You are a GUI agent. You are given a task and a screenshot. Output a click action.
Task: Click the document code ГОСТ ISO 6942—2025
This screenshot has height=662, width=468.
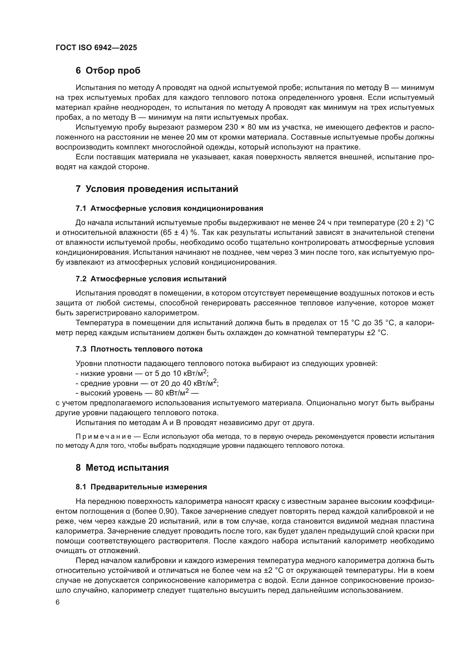tap(96, 48)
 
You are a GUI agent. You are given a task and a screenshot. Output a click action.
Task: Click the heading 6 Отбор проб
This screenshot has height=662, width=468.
tap(108, 70)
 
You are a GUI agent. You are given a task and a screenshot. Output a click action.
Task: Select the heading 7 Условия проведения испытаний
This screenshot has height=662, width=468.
tap(157, 189)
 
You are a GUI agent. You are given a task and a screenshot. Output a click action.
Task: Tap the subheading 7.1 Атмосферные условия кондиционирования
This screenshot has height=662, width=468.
tap(169, 209)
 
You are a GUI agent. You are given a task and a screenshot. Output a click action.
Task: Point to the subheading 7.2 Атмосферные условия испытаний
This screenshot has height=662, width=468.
tap(151, 279)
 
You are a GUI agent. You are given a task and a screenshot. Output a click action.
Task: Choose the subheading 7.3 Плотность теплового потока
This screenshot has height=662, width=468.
tap(139, 349)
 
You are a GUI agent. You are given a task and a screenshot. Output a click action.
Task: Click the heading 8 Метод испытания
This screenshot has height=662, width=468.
tap(122, 467)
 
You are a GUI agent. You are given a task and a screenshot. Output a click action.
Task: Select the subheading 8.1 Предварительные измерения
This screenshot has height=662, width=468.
tap(141, 487)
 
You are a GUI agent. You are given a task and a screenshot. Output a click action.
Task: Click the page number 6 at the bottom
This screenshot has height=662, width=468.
tap(58, 602)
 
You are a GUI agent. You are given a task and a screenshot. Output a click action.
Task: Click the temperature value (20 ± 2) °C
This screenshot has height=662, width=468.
tap(416, 222)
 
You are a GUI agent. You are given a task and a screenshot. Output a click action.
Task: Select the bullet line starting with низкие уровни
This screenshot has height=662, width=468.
tap(142, 373)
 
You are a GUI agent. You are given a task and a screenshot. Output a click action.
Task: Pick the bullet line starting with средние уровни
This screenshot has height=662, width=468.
tap(147, 383)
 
